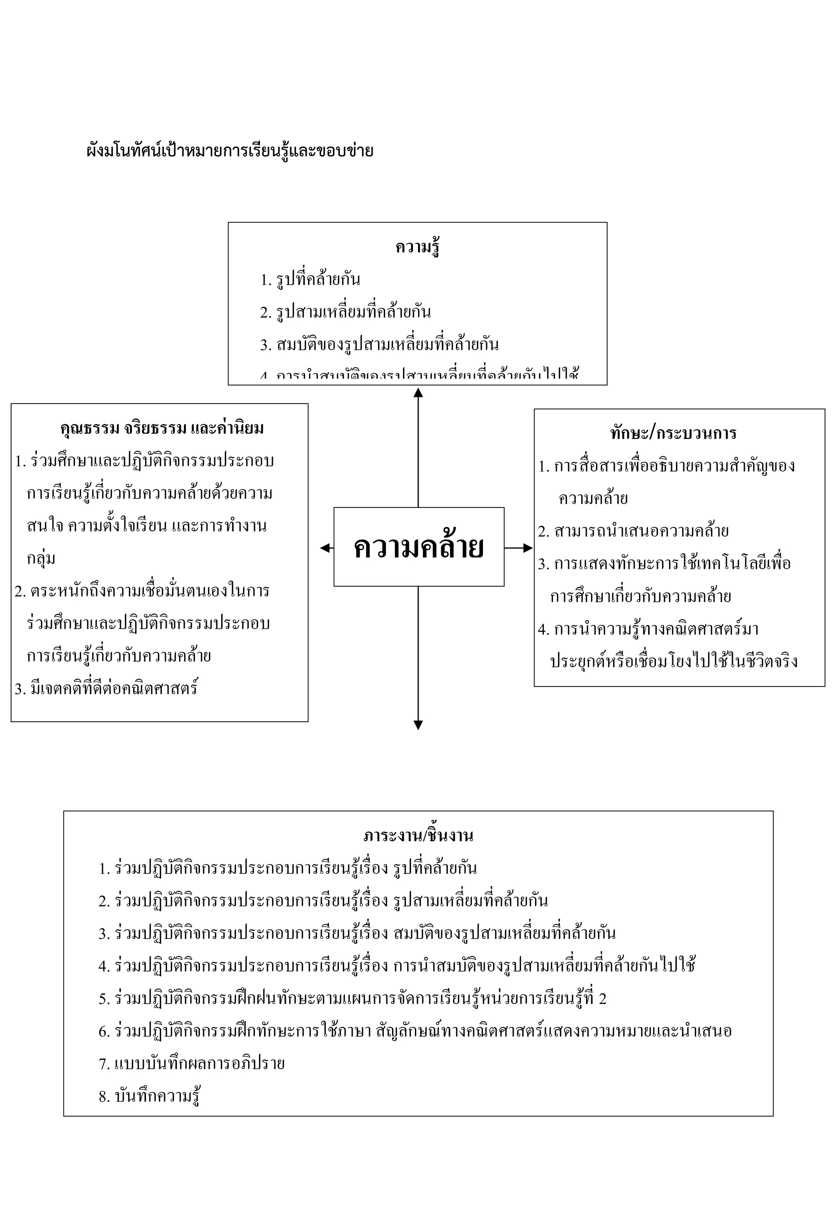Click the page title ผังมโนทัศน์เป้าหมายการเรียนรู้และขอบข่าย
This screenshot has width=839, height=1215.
pos(230,151)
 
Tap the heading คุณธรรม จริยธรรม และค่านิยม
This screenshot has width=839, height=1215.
pos(162,428)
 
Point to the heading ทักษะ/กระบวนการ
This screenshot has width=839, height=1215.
pos(673,433)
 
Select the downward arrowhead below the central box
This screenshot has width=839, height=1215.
pos(418,725)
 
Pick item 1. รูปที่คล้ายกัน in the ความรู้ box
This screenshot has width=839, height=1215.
pos(310,279)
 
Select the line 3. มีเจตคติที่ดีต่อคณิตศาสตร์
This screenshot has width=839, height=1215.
pos(106,689)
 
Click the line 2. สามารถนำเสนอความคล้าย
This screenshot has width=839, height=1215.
pos(633,531)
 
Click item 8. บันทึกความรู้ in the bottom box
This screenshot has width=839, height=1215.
pos(149,1096)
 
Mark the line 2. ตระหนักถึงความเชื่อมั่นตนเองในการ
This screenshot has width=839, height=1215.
pos(142,591)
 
